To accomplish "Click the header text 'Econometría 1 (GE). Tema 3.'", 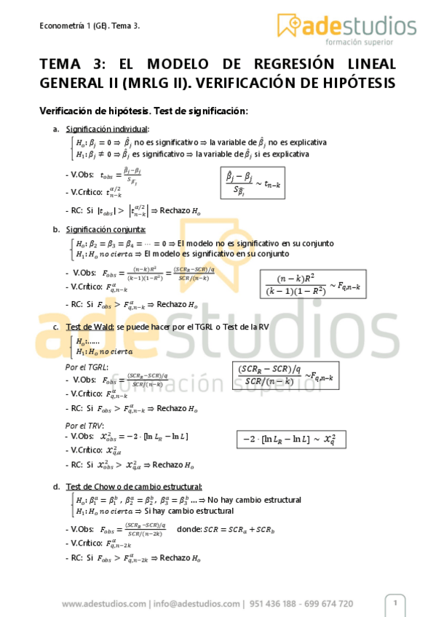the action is (90, 26).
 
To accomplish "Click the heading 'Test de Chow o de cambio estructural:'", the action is (134, 487).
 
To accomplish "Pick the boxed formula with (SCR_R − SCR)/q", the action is (285, 375).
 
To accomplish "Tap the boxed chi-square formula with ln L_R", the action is (289, 439).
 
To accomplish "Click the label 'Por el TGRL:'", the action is (86, 367).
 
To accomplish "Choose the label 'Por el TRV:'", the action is (84, 425).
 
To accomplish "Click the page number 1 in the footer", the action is (395, 602).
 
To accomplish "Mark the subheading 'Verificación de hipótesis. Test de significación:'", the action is (143, 111).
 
